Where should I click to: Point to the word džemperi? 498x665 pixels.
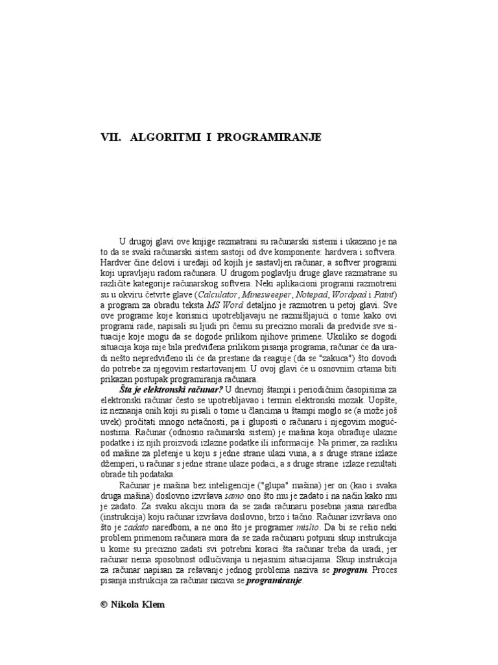[x=117, y=464]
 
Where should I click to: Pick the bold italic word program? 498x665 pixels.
[x=350, y=570]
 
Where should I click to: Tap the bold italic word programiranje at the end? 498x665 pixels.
[x=274, y=581]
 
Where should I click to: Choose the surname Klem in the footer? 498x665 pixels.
[x=153, y=603]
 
